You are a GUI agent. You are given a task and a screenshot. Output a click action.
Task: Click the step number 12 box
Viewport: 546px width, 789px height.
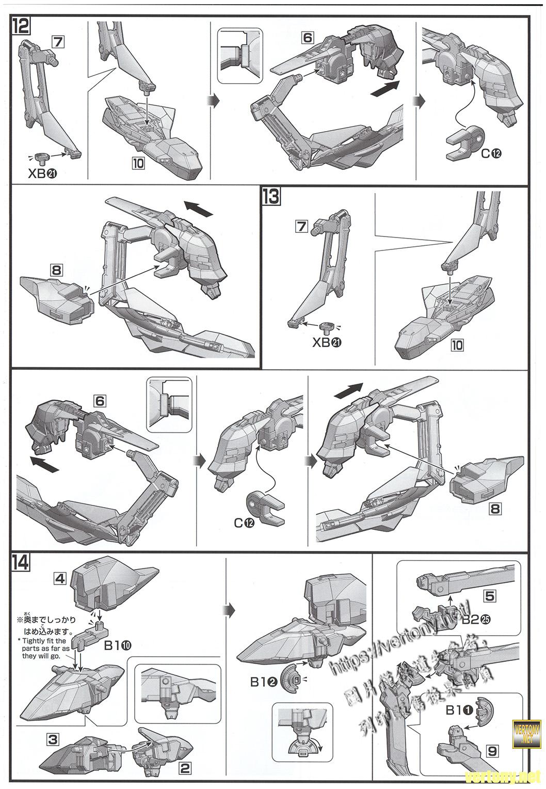(x=23, y=26)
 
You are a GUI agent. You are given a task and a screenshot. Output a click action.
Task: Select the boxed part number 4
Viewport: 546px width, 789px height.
(x=60, y=579)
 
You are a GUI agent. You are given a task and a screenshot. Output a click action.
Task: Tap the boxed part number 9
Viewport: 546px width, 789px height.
(x=492, y=751)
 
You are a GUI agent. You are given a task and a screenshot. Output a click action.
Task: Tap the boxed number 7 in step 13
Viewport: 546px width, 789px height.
(x=302, y=226)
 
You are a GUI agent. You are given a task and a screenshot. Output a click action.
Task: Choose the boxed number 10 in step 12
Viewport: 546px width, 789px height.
(x=138, y=164)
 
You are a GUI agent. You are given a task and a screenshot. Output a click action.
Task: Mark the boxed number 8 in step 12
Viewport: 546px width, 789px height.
(x=56, y=270)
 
